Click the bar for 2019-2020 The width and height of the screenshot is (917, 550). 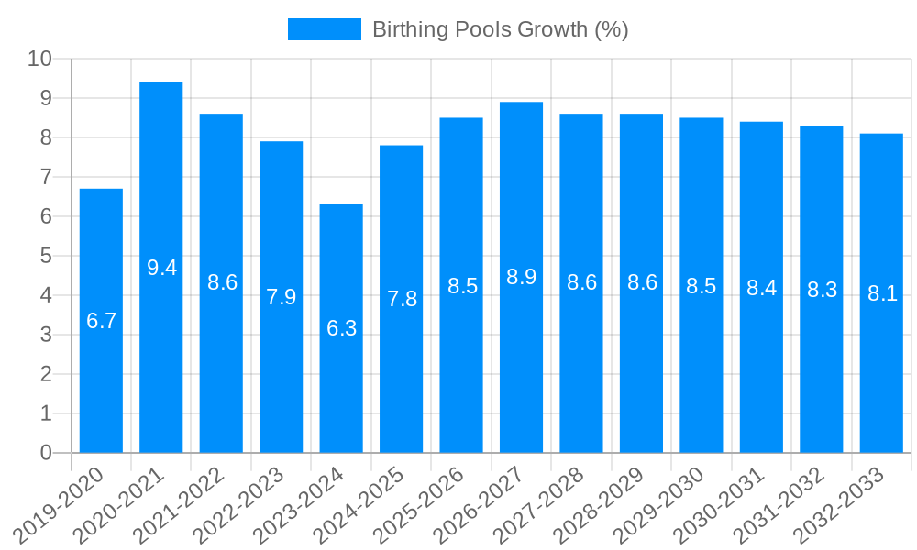pos(101,321)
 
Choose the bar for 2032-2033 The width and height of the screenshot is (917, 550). pos(881,293)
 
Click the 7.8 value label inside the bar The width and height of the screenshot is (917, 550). pos(402,299)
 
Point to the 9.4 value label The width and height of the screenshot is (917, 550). pos(161,268)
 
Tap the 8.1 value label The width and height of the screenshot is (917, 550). pos(881,293)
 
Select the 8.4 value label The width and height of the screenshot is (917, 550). pos(761,288)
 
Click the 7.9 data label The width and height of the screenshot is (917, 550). pos(282,297)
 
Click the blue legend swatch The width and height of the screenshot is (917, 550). pos(325,29)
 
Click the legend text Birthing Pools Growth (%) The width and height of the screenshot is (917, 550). pos(500,29)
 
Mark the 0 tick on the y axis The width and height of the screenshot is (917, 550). pos(46,453)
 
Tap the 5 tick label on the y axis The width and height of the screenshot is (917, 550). pos(46,256)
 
